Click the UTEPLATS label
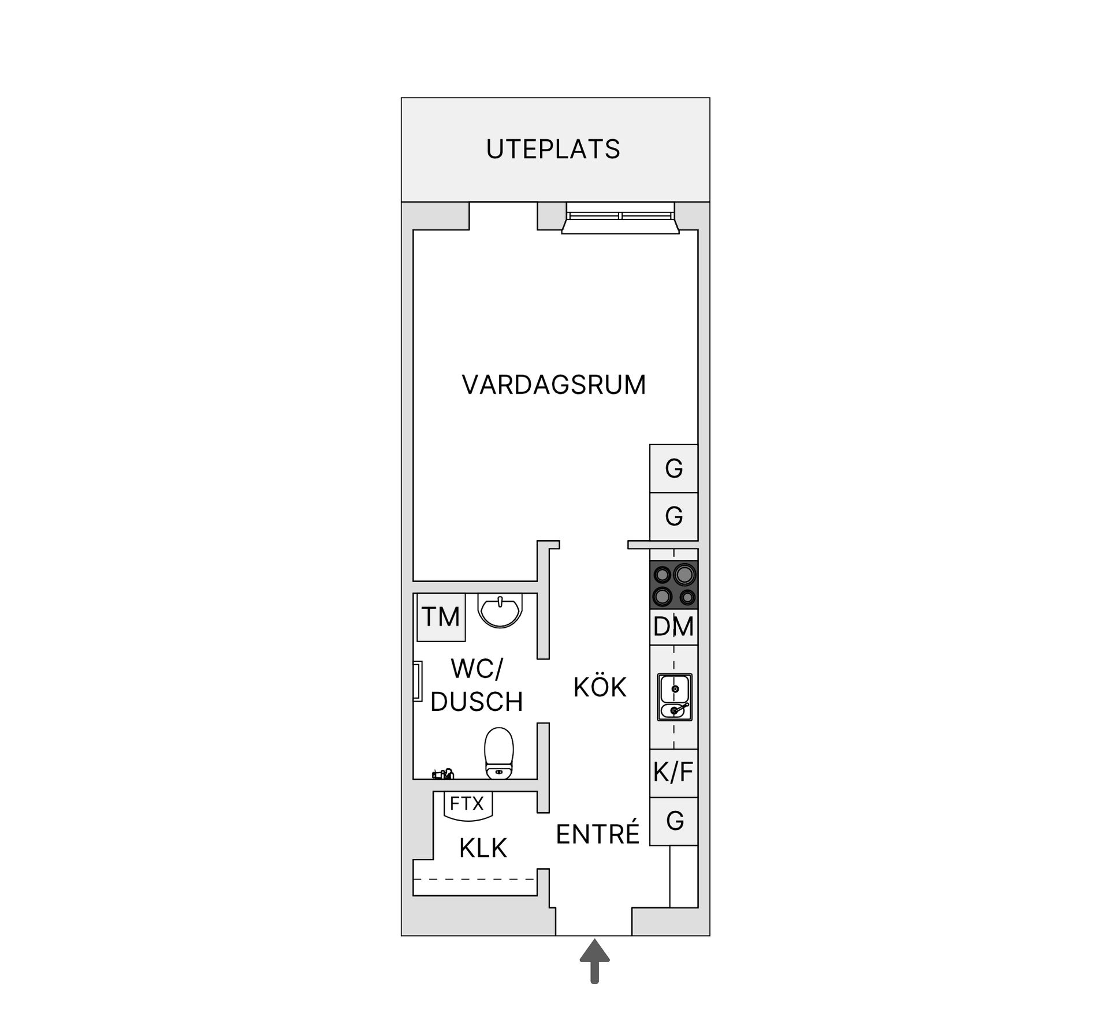[x=553, y=150]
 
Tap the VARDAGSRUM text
[x=554, y=385]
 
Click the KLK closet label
[x=483, y=848]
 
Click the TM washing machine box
[x=441, y=617]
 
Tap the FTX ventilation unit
[x=467, y=804]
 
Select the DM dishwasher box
[x=673, y=627]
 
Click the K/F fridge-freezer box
[x=673, y=773]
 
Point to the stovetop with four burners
[x=674, y=584]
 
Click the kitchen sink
[x=674, y=697]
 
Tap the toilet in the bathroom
[x=499, y=753]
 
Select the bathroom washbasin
[x=500, y=610]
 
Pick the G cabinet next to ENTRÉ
[x=673, y=821]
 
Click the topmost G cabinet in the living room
[x=673, y=468]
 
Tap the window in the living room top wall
[x=620, y=218]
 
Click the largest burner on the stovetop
[x=684, y=575]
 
